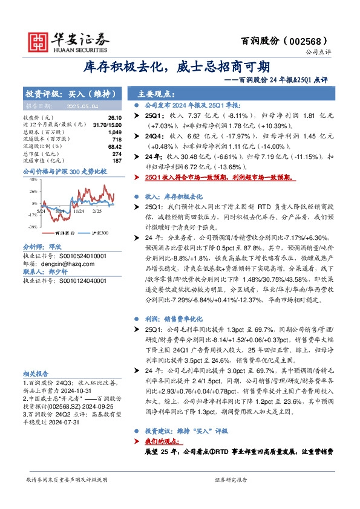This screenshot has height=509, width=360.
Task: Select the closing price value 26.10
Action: point(115,117)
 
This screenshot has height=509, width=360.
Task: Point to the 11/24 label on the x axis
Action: point(79,211)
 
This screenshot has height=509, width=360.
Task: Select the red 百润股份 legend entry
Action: point(63,232)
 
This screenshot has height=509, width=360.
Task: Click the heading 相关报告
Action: point(36,374)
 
